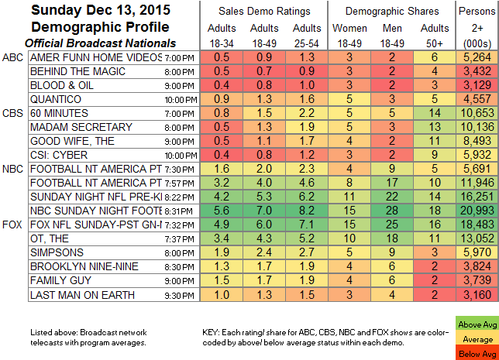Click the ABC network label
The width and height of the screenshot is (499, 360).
(13, 57)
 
